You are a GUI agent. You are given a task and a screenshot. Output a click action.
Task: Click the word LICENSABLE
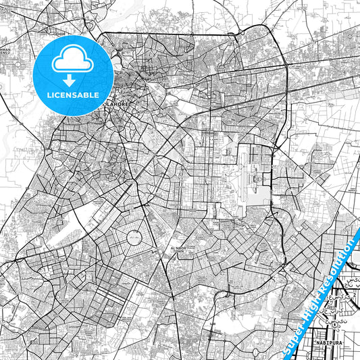[72, 95]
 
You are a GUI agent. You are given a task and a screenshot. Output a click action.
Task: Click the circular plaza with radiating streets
[134, 238]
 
